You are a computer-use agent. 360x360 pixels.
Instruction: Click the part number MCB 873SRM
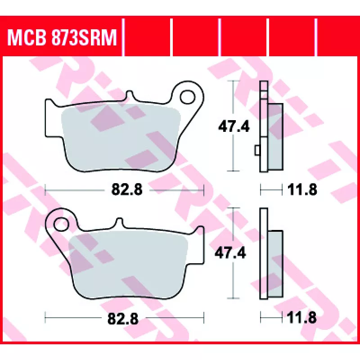pos(62,37)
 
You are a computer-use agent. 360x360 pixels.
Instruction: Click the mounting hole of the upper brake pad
pos(188,97)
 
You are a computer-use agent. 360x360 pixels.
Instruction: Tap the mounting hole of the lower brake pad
pos(61,224)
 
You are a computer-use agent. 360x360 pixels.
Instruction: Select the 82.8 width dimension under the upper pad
pos(127,189)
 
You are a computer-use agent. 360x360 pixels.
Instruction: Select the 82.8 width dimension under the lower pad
pos(123,319)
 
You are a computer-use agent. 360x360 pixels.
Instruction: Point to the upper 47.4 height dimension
pos(234,126)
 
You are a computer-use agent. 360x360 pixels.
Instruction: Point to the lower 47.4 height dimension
pos(230,253)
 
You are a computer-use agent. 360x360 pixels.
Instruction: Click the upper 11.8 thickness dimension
pos(302,189)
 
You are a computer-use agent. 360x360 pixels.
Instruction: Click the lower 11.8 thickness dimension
pos(301,318)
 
